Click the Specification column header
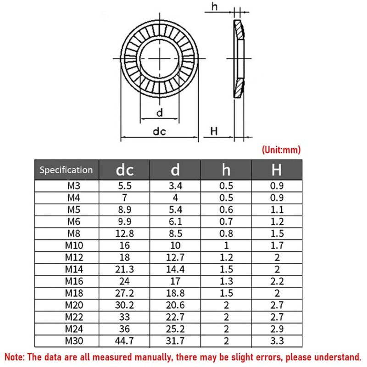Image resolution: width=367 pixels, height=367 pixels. coord(66,170)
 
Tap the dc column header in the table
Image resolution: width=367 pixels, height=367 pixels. coord(124,170)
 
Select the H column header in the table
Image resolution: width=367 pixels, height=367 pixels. coord(277,170)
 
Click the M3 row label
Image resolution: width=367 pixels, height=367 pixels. coord(74,186)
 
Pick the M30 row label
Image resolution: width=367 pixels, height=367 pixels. coord(74,341)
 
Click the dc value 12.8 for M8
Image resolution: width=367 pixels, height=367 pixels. coord(124,234)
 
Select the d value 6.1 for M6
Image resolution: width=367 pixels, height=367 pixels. coord(175,222)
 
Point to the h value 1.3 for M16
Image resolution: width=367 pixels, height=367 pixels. coord(226,281)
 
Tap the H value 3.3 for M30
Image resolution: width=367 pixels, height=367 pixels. coord(277,341)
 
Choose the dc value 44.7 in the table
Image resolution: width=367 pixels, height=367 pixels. coord(124,341)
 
